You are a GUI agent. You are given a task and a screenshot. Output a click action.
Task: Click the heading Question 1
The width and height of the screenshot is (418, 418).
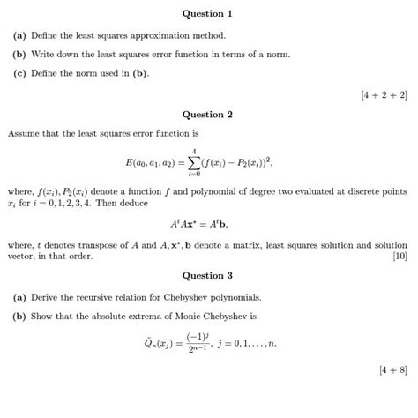click(208, 14)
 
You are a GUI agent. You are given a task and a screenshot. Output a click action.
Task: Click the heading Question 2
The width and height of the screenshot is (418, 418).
click(208, 115)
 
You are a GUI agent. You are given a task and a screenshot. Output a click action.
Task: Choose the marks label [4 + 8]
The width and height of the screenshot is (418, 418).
click(391, 369)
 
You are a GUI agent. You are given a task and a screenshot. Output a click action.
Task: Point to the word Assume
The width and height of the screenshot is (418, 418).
click(24, 134)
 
